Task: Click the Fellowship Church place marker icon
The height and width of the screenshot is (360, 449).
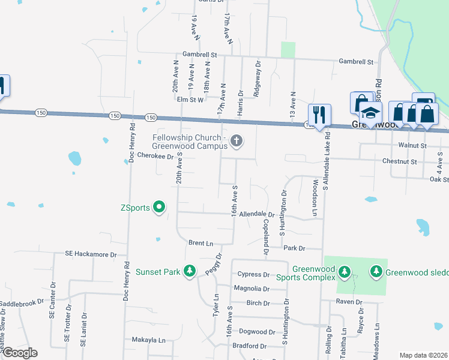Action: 237,141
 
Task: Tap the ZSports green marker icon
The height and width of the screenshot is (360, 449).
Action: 159,208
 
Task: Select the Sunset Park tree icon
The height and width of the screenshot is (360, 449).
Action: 190,272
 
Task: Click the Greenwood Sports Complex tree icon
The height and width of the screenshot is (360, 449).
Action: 345,272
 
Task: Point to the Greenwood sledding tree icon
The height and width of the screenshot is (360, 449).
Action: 376,272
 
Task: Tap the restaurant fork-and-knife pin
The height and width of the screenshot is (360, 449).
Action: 318,114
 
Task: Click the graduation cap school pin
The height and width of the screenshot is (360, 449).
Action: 371,113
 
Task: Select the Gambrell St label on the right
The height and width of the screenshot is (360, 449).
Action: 356,62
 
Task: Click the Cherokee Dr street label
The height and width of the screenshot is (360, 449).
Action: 155,155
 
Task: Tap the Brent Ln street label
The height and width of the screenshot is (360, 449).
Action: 200,243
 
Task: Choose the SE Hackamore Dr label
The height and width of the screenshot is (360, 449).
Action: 90,254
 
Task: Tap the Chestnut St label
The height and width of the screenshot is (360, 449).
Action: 399,161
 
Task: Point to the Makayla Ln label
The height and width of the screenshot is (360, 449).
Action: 148,340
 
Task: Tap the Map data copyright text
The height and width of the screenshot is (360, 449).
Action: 423,355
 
